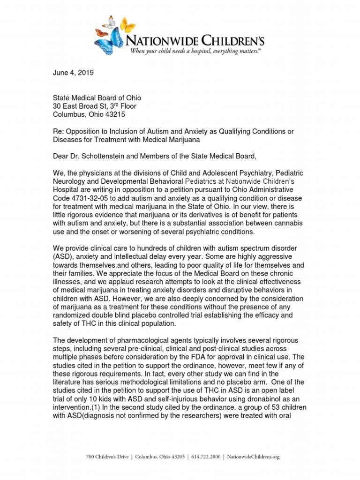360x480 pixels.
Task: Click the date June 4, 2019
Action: [x=73, y=73]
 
